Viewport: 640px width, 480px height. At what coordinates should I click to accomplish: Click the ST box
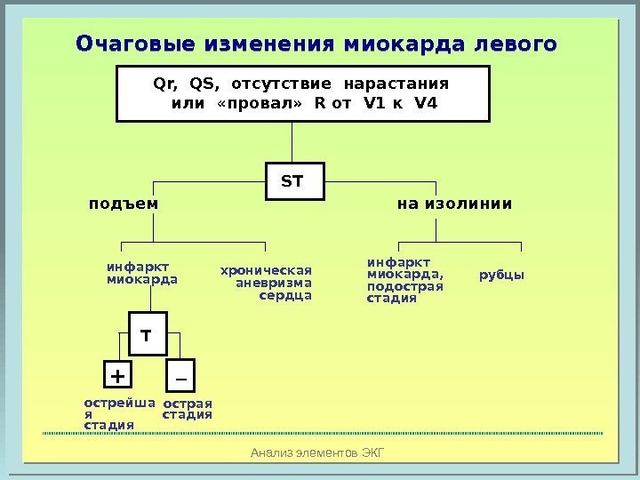point(292,181)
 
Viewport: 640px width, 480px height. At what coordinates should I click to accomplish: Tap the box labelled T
point(147,337)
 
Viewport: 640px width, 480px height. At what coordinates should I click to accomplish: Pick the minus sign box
point(180,377)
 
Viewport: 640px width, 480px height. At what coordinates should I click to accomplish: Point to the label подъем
point(124,204)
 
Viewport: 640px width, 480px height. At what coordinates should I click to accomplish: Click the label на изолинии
point(454,204)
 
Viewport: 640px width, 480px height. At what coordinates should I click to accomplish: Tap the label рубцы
point(501,275)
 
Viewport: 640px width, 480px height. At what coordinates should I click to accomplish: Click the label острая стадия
point(188,409)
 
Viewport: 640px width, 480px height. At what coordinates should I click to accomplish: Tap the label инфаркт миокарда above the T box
point(141,272)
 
